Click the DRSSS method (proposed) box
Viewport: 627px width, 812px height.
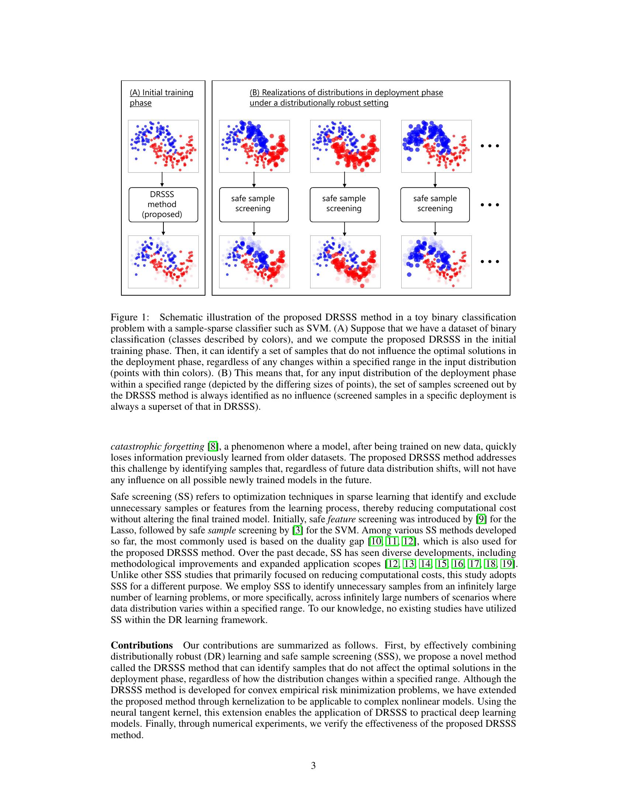point(163,204)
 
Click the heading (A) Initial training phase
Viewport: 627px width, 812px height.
point(161,97)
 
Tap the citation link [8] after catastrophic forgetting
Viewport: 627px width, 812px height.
point(212,446)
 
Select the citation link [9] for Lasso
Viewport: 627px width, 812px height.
point(481,519)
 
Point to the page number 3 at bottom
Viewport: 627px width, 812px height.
point(313,765)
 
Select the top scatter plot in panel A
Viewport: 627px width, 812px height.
point(163,146)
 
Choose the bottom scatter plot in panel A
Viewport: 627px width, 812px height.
point(163,262)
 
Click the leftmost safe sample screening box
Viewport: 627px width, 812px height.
point(254,204)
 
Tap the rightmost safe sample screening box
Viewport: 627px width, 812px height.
point(435,204)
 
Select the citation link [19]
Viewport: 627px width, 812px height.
point(507,564)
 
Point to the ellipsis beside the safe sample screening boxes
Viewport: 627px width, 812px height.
point(489,204)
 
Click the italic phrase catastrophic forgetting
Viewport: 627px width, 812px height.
point(157,446)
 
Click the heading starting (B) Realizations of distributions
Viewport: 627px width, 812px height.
point(346,97)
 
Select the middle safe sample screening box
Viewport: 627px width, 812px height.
point(344,204)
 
